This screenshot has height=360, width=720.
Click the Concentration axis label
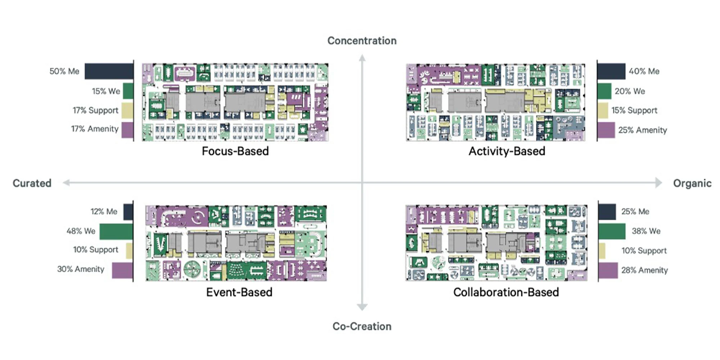point(362,41)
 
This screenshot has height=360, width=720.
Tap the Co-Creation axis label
point(362,326)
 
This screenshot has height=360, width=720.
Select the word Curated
point(32,183)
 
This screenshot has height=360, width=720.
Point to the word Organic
point(692,183)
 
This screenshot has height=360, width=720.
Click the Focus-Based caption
point(235,151)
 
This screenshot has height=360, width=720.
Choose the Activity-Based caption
point(507,151)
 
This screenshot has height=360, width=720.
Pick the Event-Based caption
point(239,292)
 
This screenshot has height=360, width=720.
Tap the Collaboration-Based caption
point(506,292)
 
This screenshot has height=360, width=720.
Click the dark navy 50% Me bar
point(109,71)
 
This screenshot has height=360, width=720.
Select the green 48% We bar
point(116,231)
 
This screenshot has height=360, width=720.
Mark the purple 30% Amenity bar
point(122,270)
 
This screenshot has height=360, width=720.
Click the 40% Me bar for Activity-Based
point(611,71)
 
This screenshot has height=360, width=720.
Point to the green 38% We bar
point(612,231)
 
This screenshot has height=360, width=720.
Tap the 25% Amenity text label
point(642,130)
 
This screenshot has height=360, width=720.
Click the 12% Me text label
point(104,212)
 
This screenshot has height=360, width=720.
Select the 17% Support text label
point(95,110)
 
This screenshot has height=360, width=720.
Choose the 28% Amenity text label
point(644,270)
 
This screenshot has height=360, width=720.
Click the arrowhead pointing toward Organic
point(658,183)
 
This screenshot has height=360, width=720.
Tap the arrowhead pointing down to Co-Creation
point(362,307)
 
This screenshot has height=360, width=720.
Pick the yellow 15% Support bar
point(603,111)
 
